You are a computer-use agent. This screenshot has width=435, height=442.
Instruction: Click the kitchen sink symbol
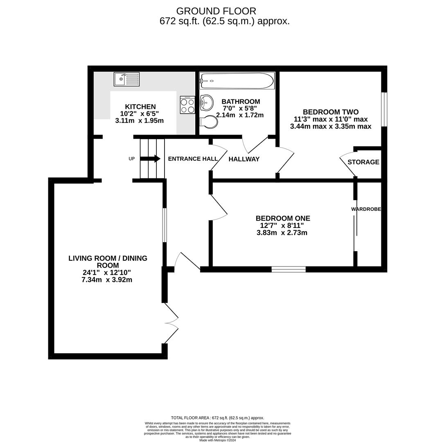pos(126,79)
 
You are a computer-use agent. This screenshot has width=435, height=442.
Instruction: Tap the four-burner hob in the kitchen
pos(187,105)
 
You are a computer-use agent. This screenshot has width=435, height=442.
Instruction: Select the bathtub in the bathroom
pos(237,81)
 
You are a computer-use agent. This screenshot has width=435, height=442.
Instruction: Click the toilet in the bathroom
pos(209,122)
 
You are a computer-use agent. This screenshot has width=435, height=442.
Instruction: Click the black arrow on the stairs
pos(150,158)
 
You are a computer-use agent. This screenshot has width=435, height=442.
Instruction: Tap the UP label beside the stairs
pos(131,159)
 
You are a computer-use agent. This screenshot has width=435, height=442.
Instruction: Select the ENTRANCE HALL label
pos(193,159)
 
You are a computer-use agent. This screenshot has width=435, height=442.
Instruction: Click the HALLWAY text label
pos(244,159)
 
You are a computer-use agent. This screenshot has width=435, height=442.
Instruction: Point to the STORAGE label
pos(363,162)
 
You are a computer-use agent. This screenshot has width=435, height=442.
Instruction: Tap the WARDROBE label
pos(366,209)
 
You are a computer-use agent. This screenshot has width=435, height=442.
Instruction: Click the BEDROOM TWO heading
pos(331,112)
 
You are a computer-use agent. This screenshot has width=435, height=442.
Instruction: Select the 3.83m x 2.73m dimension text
pos(282,233)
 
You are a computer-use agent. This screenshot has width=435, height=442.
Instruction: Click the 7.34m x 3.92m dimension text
pos(107,280)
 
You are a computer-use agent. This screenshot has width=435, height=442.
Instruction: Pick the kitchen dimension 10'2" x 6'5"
pos(140,114)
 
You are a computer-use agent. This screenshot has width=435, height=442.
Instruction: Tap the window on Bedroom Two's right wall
pos(384,109)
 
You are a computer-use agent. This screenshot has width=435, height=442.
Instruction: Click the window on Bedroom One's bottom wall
pos(288,269)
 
